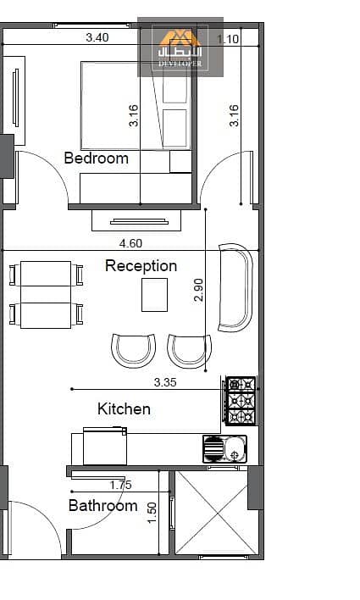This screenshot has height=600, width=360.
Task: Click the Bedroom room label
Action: [96, 158]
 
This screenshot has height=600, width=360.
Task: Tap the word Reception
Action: [141, 266]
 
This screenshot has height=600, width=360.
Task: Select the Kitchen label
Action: [124, 408]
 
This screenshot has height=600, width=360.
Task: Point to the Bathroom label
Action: [102, 505]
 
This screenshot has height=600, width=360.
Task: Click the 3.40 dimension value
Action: [97, 37]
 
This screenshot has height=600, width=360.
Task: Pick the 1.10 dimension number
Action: [228, 39]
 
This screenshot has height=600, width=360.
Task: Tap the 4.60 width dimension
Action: [130, 243]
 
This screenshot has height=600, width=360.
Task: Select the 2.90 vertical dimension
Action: [198, 290]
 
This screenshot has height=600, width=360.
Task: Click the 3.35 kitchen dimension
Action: [165, 382]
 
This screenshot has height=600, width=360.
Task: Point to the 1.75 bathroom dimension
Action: [120, 485]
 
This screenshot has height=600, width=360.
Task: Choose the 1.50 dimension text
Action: [152, 513]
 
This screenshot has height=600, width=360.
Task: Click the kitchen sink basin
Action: [235, 448]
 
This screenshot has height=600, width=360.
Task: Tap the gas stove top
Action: [241, 401]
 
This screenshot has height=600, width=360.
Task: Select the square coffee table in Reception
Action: [154, 295]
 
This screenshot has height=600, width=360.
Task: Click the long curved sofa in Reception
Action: [235, 287]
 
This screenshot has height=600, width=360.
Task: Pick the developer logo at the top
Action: [180, 47]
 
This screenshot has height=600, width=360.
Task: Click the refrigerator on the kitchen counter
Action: [105, 446]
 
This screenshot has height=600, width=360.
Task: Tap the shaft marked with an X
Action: [217, 513]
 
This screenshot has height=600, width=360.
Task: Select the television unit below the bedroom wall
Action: [136, 221]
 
